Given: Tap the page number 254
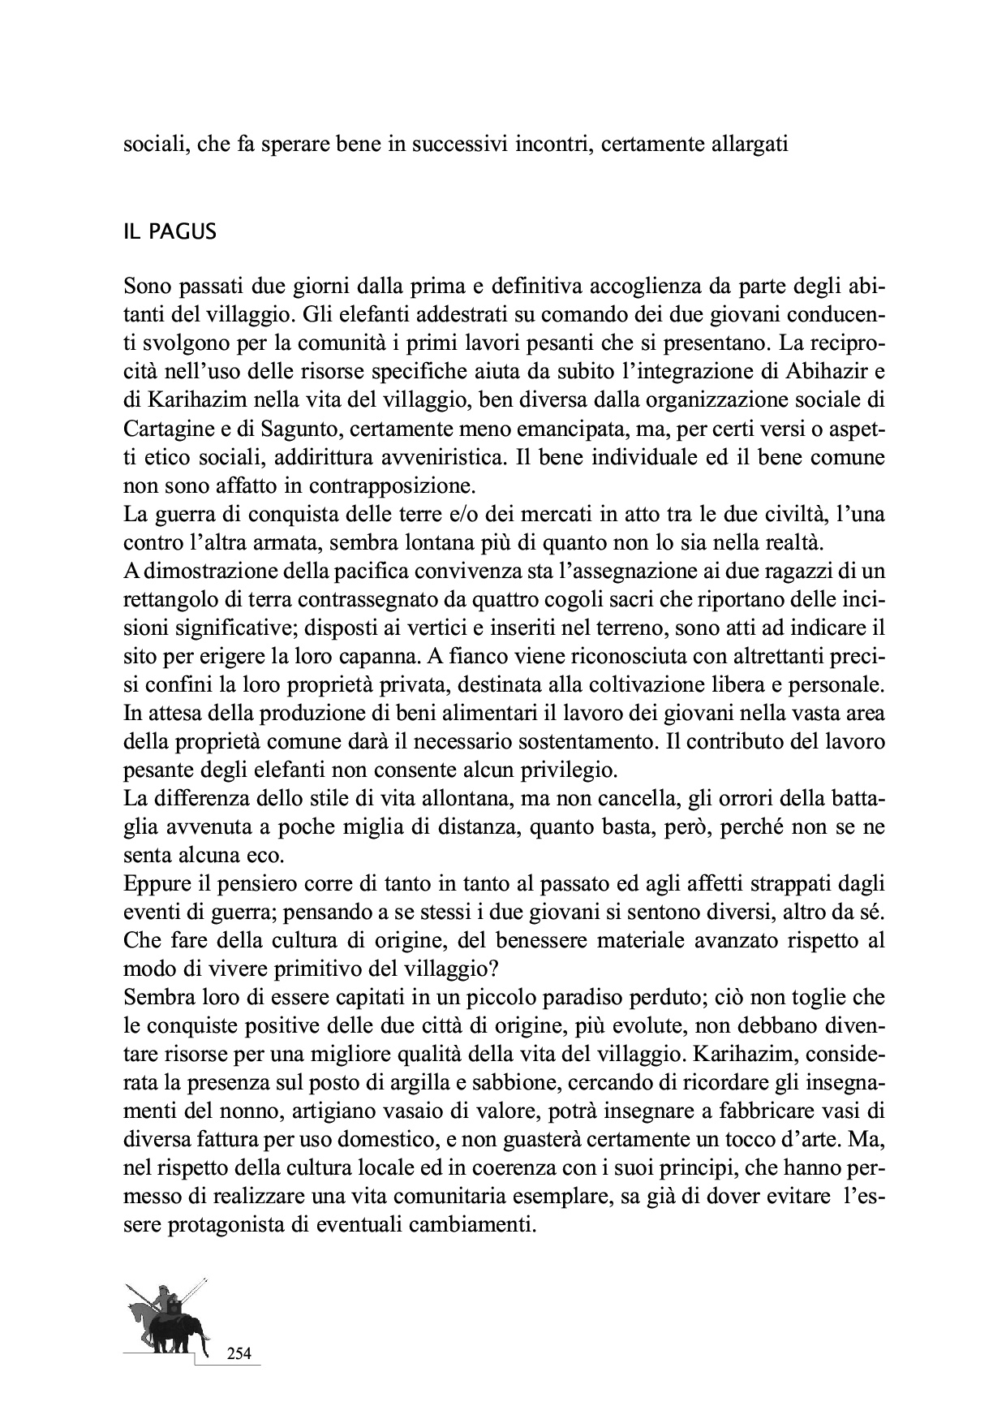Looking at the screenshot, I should point(239,1353).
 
